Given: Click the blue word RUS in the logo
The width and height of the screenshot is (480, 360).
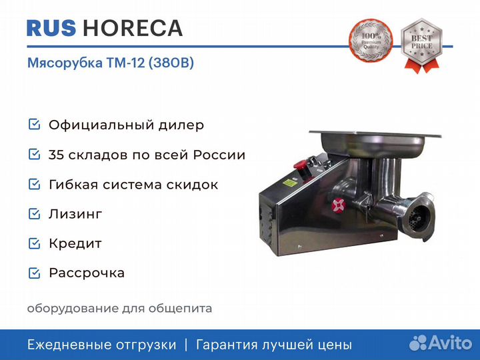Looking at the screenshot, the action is coord(51,28).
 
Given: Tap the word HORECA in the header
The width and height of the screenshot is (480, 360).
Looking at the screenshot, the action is coord(133,28).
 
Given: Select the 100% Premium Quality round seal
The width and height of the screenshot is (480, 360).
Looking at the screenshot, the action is coord(371,41).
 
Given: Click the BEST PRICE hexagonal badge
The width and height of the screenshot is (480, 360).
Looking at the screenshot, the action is coord(421,45).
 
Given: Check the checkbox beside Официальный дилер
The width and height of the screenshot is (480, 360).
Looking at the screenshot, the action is coord(34,124).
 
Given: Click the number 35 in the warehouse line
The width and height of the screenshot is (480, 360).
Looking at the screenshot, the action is coord(56,155).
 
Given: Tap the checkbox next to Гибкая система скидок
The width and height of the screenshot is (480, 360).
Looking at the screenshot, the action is coord(34,184).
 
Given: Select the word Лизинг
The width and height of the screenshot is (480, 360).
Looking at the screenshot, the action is coord(75,214).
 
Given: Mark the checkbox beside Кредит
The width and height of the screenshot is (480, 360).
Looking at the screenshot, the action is coord(34,243).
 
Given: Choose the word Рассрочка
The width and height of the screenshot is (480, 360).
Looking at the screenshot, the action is coord(87,273).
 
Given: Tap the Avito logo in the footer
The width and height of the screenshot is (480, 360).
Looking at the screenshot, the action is coord(441,343).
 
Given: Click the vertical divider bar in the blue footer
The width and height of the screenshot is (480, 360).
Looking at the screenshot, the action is coord(186,345).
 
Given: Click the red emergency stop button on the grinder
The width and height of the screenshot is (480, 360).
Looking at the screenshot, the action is coord(300,165).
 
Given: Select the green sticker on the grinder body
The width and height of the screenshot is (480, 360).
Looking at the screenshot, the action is coord(290,183).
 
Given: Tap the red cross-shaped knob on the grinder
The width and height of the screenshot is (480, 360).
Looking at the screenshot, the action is coord(338,205).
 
